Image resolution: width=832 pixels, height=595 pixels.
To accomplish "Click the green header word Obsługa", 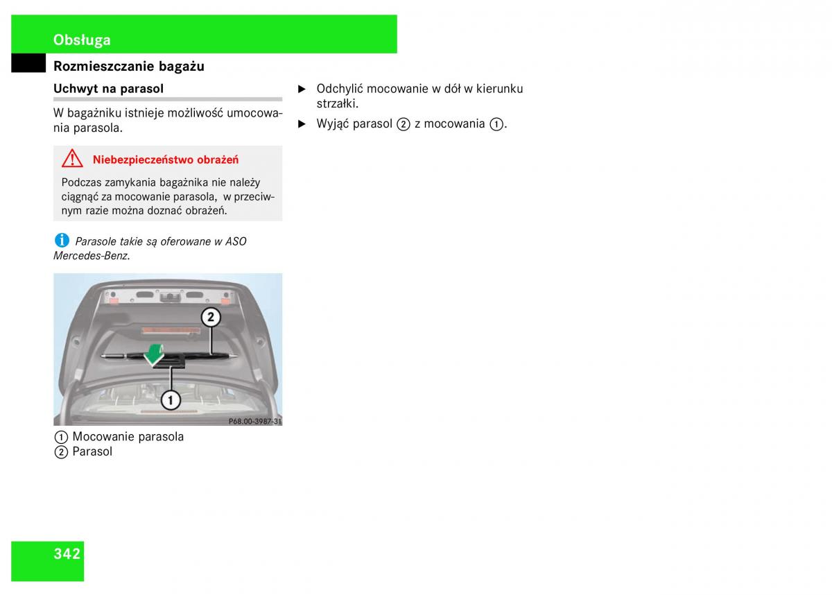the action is [82, 40].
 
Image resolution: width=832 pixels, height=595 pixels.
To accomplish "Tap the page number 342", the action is [67, 554].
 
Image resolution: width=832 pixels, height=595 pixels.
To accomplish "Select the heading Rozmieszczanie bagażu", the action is [129, 66].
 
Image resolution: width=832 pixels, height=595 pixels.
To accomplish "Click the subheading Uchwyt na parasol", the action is [108, 89].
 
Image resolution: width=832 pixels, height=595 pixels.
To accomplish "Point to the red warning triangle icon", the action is [72, 159].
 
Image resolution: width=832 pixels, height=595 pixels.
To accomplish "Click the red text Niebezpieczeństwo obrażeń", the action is [166, 159].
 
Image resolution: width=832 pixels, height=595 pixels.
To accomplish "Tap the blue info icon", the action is [62, 241].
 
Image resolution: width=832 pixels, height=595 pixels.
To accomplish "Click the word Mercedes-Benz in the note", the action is [92, 256].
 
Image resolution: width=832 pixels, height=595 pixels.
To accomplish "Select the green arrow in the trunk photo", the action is [154, 354].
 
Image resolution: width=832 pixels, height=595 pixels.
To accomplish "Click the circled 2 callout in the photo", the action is [211, 317].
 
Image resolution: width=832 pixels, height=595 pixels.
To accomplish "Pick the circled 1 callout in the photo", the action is [171, 400].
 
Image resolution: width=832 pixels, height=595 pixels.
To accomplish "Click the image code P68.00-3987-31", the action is [255, 421].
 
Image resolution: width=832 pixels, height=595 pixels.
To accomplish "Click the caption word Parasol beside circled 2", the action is [92, 451].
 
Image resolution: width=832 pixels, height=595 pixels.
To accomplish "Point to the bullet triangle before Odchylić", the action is [302, 89].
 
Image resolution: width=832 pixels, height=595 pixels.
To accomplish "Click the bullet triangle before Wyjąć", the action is [302, 124].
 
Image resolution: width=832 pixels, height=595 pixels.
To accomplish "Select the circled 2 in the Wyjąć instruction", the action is [404, 124].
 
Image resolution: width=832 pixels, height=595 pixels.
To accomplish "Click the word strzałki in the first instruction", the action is [338, 103].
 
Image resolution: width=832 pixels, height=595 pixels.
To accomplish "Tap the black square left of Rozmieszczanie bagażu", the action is [28, 63].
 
